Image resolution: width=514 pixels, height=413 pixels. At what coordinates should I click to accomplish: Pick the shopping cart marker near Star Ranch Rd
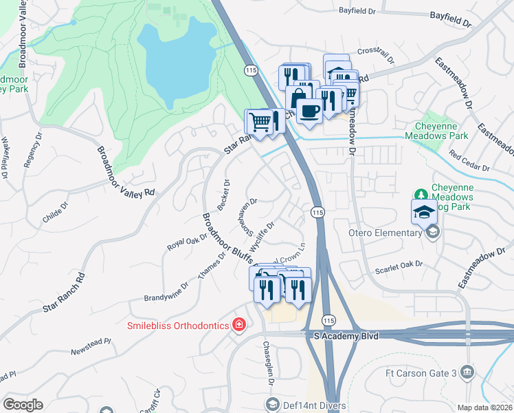[x=260, y=122]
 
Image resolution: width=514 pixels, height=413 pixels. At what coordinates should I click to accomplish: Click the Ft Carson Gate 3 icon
[x=467, y=372]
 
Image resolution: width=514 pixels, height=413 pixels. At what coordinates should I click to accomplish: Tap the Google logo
[x=23, y=405]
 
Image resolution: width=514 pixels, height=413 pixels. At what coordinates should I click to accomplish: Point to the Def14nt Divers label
[x=306, y=403]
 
